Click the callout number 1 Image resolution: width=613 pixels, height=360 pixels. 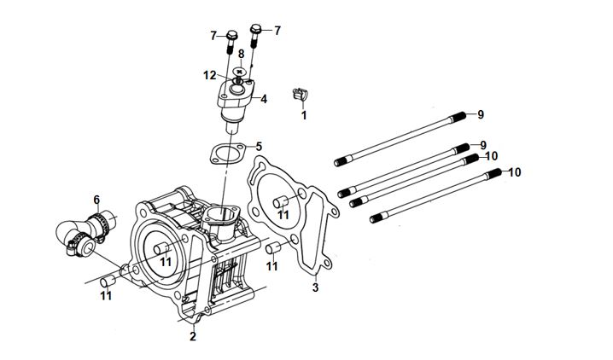[x=304, y=115]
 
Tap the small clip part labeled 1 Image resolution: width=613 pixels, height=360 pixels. [x=300, y=95]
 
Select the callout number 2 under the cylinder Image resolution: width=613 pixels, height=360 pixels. [x=193, y=336]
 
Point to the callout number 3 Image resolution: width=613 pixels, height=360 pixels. [x=316, y=287]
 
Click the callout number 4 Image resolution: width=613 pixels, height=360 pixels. [x=264, y=99]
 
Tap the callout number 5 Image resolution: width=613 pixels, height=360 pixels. [x=259, y=147]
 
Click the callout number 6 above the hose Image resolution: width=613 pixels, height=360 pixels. [x=96, y=200]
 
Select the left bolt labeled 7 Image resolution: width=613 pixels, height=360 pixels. [x=231, y=42]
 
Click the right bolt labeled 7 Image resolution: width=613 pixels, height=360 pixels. [x=255, y=36]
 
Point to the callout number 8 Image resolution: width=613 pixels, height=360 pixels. [x=242, y=54]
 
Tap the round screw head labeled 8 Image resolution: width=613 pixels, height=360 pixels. [x=239, y=72]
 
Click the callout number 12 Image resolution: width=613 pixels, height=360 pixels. [x=210, y=75]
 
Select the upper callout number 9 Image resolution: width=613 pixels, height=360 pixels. [x=481, y=114]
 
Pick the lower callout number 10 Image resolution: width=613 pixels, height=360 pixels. [x=515, y=172]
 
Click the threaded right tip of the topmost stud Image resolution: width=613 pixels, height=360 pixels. [x=459, y=117]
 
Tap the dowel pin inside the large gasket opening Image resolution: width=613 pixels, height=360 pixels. [x=280, y=202]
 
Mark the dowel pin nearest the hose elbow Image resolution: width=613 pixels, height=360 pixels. [x=108, y=282]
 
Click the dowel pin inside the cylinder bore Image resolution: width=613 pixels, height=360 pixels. [x=161, y=248]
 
